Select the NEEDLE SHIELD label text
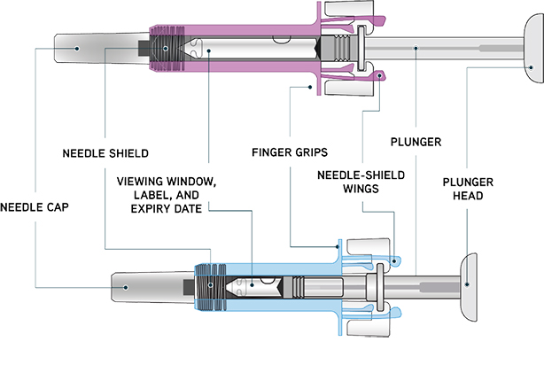(x=105, y=152)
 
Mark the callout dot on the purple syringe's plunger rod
(x=416, y=50)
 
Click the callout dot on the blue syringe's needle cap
(x=122, y=285)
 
